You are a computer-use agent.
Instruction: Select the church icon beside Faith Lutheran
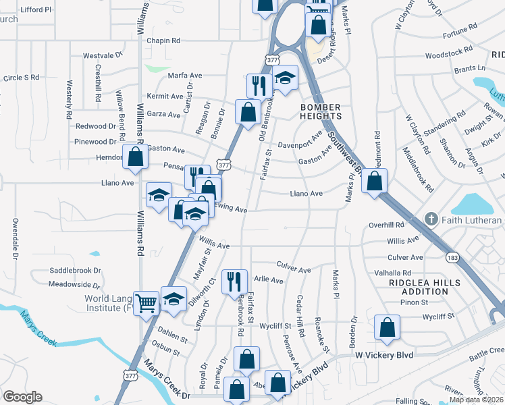[432, 220]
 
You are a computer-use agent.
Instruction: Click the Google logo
[23, 397]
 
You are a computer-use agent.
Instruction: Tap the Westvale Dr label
[103, 56]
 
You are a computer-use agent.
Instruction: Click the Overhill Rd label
[386, 225]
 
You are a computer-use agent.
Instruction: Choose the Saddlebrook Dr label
[75, 270]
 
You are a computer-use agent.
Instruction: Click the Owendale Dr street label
[15, 238]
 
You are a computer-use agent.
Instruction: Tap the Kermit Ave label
[165, 97]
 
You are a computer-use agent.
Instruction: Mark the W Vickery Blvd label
[379, 354]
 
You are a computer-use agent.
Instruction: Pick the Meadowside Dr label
[74, 284]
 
